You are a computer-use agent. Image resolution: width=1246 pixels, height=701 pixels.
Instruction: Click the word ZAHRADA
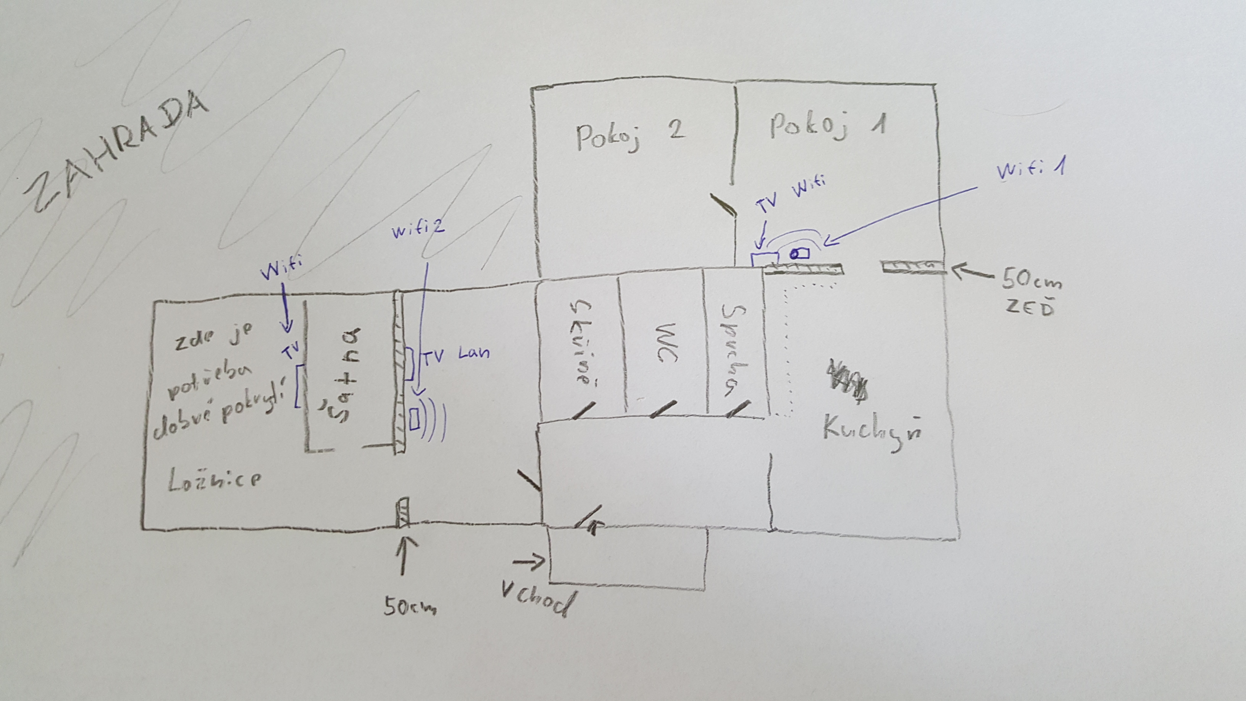[116, 152]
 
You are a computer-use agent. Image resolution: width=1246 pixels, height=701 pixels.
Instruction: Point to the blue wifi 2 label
[418, 229]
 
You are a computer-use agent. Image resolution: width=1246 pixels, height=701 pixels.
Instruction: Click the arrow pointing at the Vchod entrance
[528, 562]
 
